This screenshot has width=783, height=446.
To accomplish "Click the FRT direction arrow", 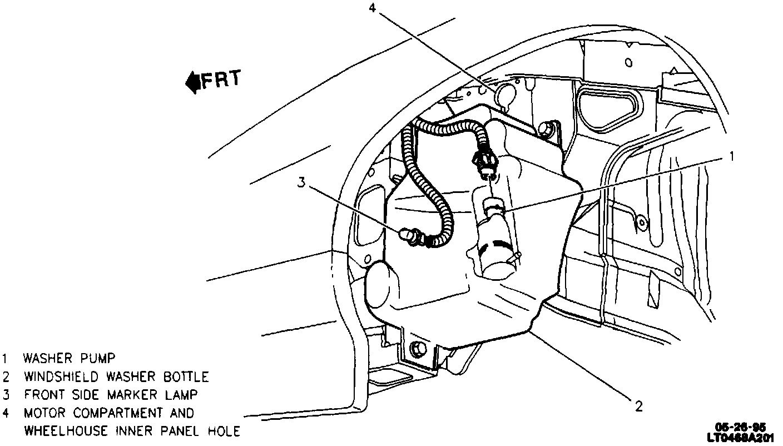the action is pyautogui.click(x=193, y=82).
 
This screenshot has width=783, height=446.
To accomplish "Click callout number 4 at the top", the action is pyautogui.click(x=373, y=8).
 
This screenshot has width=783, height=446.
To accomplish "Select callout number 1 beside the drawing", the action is pyautogui.click(x=732, y=157).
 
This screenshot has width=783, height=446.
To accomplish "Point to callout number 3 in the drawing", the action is pyautogui.click(x=301, y=183).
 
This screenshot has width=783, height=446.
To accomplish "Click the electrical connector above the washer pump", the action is pyautogui.click(x=483, y=162).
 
